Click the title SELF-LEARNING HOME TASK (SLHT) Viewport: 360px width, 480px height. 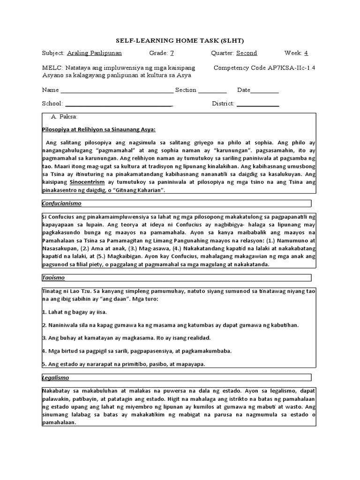[180, 40]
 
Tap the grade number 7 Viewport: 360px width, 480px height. [172, 53]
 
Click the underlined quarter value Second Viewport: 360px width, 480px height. [247, 53]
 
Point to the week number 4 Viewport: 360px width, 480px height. [306, 53]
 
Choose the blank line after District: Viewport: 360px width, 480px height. [258, 105]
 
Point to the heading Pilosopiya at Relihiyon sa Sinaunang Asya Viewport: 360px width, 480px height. [98, 130]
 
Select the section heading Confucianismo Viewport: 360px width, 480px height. [62, 203]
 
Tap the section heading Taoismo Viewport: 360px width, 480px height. [53, 278]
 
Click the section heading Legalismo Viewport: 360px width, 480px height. [55, 377]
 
